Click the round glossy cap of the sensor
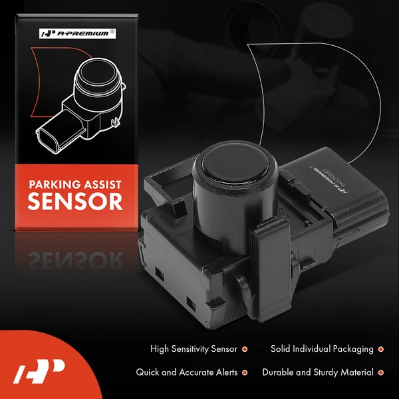point(225,162)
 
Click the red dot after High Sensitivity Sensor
point(245,348)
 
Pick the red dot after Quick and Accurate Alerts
point(245,372)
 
